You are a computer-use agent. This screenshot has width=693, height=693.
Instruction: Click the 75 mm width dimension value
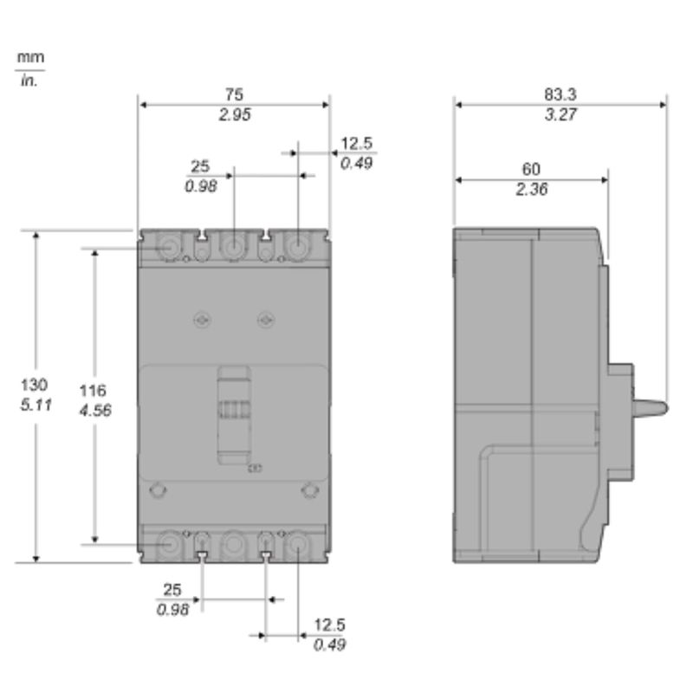click(234, 94)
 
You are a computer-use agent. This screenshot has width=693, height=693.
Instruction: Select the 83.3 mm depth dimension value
click(560, 94)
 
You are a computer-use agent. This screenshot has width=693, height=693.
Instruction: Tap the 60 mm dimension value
click(531, 169)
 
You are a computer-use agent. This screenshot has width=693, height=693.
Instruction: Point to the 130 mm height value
click(34, 385)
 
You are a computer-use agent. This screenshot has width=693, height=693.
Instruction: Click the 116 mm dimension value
click(93, 391)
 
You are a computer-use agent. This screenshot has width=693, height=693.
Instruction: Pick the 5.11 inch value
click(36, 405)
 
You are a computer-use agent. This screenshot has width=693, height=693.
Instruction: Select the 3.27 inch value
click(560, 114)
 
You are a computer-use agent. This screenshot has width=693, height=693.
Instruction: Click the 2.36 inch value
click(532, 189)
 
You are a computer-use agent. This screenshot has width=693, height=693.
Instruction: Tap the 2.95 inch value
click(235, 114)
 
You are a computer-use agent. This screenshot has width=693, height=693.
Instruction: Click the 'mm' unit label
click(30, 57)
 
